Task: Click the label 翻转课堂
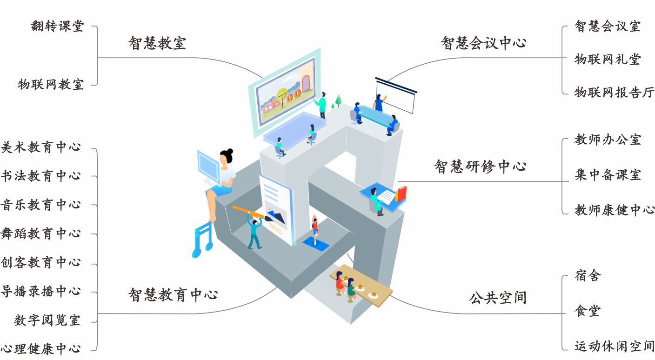[57, 26]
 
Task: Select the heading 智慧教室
[157, 43]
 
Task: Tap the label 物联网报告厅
[614, 93]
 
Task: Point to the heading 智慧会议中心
[483, 43]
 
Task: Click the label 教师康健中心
[614, 210]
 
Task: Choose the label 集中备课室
[608, 175]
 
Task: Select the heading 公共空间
[497, 298]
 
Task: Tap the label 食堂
[588, 311]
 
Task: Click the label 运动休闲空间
[614, 347]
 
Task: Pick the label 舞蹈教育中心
[41, 234]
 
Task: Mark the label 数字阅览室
[47, 320]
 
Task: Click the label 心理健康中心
[41, 349]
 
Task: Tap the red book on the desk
[401, 193]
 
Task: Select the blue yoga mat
[316, 243]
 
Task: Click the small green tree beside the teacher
[338, 100]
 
